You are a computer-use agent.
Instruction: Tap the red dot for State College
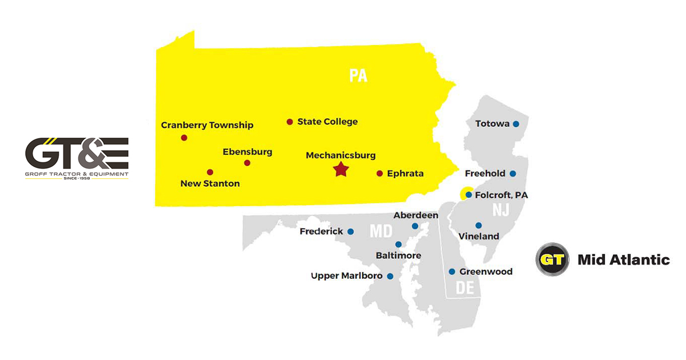(290, 122)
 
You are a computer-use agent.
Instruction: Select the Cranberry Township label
(207, 125)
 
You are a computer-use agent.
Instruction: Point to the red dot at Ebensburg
(247, 163)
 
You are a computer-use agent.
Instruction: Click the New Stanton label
(210, 183)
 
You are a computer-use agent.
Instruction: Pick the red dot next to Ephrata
(380, 173)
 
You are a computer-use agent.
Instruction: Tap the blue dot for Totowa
(516, 124)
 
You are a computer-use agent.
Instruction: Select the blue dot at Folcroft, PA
(469, 195)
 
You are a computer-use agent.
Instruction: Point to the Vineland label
(478, 236)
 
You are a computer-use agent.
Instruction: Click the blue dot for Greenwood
(452, 271)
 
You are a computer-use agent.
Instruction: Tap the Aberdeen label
(416, 215)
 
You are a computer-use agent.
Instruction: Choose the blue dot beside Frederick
(350, 231)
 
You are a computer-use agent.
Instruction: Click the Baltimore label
(398, 255)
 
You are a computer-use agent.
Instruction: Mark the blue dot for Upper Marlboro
(390, 276)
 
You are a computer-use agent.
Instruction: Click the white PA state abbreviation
(358, 76)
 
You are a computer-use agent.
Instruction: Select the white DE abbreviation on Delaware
(465, 287)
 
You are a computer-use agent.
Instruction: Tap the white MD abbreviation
(381, 231)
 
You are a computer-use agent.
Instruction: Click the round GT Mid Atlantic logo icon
(552, 260)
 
